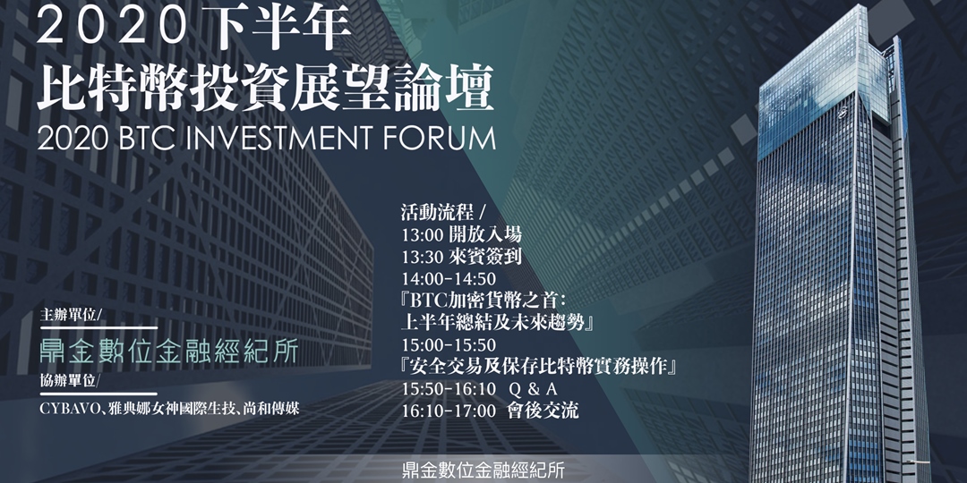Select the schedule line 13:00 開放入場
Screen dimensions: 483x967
point(462,233)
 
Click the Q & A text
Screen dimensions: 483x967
point(533,389)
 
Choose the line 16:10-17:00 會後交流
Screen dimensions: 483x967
point(491,410)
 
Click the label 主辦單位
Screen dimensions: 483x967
point(73,317)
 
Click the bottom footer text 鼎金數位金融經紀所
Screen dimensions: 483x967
point(484,470)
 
